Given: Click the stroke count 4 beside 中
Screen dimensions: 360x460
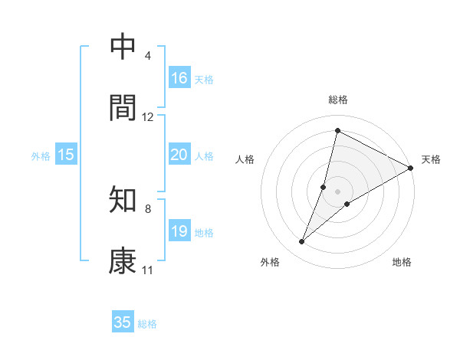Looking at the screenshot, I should coord(147,56).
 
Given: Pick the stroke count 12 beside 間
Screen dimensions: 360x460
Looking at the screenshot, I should coord(147,117).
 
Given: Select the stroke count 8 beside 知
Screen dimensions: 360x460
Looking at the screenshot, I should coord(147,208).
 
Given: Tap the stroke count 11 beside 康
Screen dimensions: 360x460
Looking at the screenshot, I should coord(147,270).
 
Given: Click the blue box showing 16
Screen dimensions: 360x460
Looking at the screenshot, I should coord(179,78).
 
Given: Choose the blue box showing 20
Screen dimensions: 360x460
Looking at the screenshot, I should coord(179,155).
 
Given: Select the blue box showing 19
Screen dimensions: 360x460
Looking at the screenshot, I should coord(179,231).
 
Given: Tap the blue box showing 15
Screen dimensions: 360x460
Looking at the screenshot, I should coord(66,155).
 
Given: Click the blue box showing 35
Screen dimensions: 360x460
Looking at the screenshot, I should coord(123,322).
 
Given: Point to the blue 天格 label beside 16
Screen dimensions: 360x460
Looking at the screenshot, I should coord(204,80).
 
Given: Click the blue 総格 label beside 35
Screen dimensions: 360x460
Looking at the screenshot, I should coord(147,324).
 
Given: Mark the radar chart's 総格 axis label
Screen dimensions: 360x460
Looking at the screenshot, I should coord(338,100).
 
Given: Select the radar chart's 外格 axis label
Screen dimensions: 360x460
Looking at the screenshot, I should coord(270,262).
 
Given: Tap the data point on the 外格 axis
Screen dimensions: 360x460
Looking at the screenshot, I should coord(302,242).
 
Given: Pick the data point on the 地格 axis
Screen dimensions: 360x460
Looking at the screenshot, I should coord(347,203).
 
